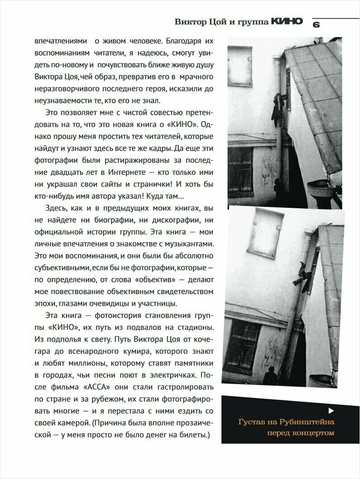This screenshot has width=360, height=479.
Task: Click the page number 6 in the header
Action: [x=316, y=25]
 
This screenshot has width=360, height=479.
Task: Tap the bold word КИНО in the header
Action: [x=287, y=22]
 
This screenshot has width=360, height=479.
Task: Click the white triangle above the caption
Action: [x=331, y=410]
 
